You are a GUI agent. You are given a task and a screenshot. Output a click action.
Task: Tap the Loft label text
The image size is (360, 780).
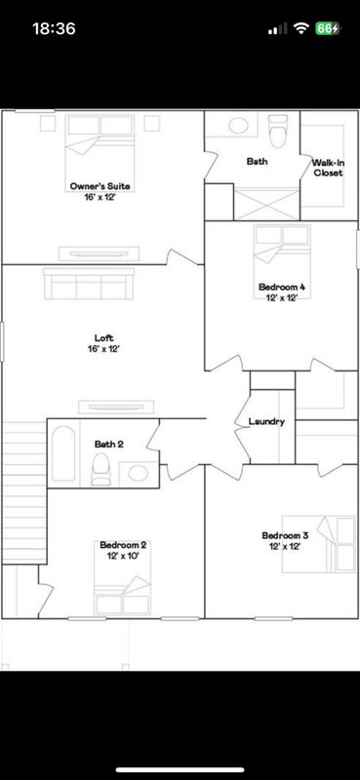103,338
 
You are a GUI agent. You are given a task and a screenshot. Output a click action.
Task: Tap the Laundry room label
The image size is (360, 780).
266,422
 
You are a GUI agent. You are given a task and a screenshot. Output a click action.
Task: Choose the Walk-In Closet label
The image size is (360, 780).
328,168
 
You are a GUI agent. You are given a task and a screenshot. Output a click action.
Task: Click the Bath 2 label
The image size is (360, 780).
109,445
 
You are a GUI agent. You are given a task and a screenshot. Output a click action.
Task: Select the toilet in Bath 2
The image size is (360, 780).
100,469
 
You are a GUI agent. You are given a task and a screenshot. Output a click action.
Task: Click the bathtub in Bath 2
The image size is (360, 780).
63,453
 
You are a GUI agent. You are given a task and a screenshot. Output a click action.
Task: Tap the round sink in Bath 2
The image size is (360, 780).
138,473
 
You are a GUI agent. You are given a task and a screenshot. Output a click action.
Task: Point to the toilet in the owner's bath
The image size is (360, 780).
278,131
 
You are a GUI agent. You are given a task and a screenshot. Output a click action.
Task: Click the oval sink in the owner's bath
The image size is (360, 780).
239,126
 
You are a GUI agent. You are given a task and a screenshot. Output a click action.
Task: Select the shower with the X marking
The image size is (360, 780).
267,204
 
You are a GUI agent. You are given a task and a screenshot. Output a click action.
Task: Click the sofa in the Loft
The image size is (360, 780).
89,284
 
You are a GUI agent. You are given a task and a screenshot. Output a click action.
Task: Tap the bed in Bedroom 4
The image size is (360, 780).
282,261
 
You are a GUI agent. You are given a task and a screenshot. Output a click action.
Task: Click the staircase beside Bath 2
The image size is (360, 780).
24,492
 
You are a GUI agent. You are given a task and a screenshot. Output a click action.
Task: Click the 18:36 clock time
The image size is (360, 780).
55,28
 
